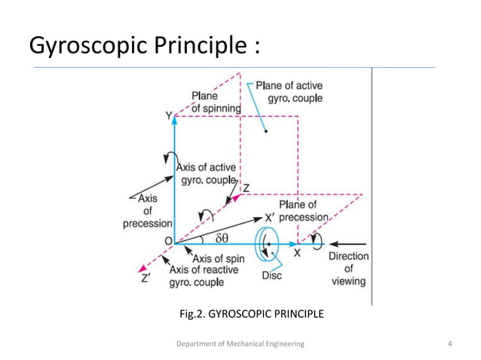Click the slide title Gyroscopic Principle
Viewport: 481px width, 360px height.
click(146, 46)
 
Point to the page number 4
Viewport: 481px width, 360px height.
click(449, 343)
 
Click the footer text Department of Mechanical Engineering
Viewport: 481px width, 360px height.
click(240, 343)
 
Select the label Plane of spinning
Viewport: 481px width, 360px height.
click(216, 102)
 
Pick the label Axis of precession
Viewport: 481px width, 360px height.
click(148, 211)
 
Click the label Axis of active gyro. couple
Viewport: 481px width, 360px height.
click(206, 174)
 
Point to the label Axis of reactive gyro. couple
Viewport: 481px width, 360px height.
click(203, 276)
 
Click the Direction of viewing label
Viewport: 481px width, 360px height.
click(348, 268)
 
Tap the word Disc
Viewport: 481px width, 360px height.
click(271, 276)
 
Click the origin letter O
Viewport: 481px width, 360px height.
click(168, 242)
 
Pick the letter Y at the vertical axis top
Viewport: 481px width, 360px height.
click(169, 115)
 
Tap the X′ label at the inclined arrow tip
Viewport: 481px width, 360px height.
click(271, 216)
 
